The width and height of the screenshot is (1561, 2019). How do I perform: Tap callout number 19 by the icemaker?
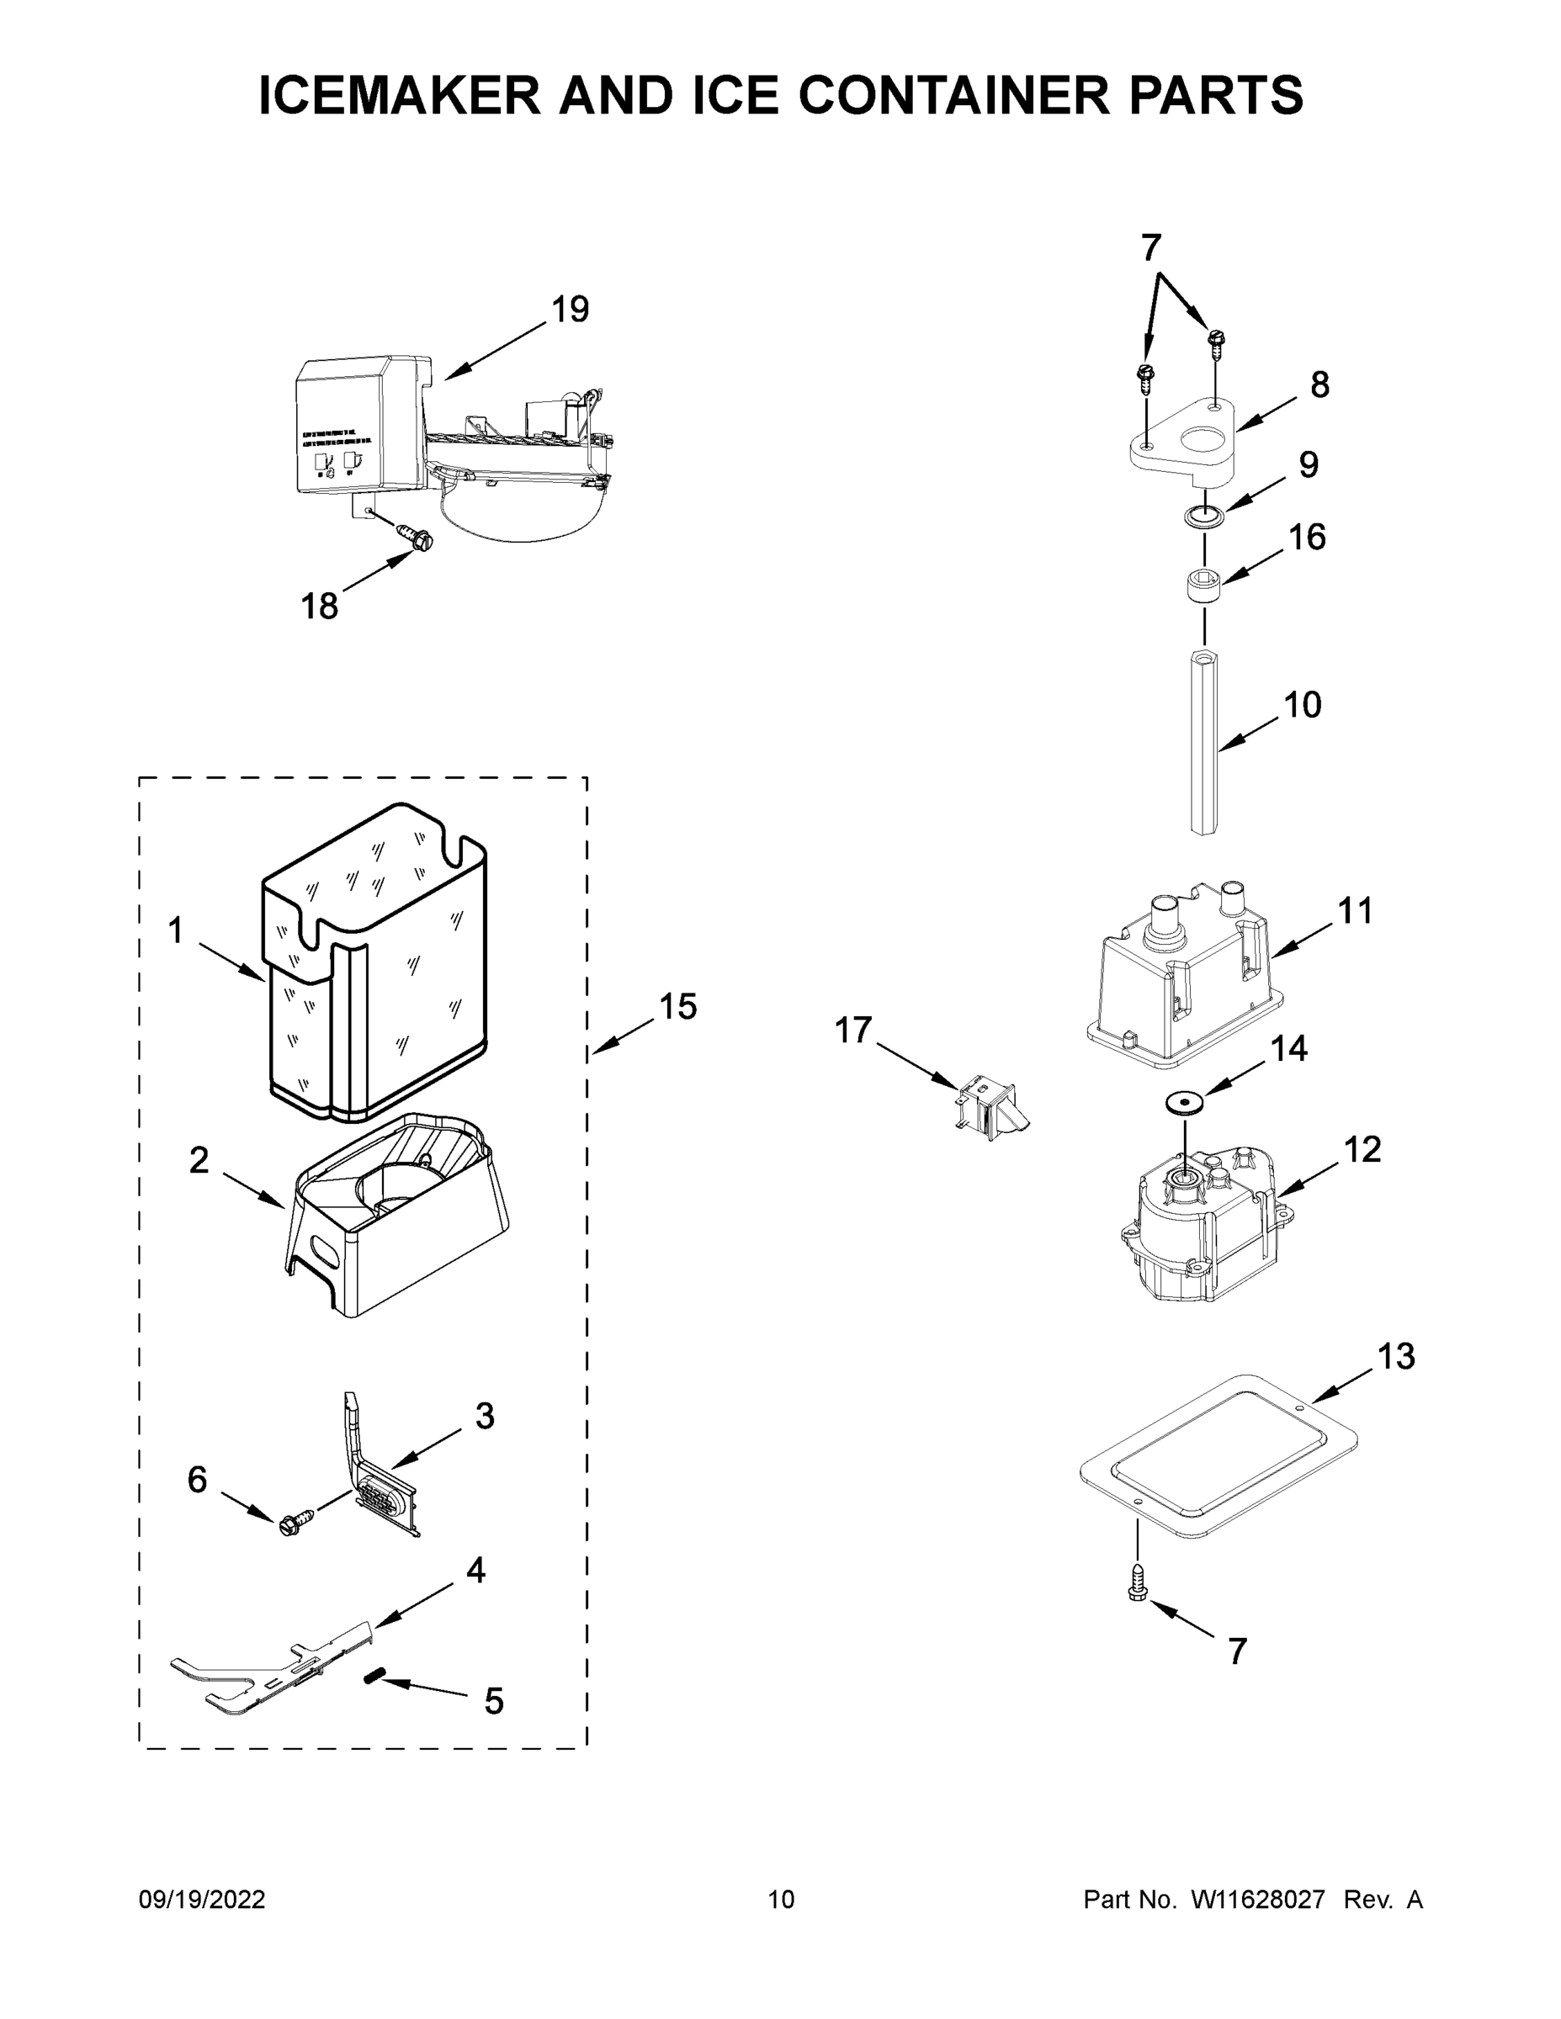(x=571, y=309)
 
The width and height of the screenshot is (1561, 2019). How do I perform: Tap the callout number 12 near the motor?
(x=1362, y=1149)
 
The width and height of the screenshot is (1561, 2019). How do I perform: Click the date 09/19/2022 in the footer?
(x=202, y=1899)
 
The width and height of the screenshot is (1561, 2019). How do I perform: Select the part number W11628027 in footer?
(x=1258, y=1899)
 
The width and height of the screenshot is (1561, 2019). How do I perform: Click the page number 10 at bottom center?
(x=781, y=1899)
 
